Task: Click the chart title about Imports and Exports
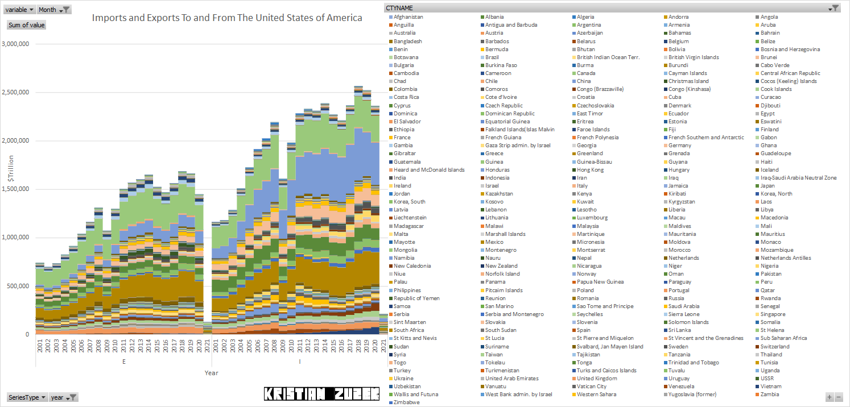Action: click(227, 18)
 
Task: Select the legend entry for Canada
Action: click(585, 73)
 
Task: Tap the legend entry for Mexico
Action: click(494, 242)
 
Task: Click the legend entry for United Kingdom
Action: click(596, 379)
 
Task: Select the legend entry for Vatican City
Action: click(592, 387)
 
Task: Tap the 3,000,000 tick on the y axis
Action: click(16, 44)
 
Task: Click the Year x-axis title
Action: click(212, 373)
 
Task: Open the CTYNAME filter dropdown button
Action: click(835, 8)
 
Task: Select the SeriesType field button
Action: click(27, 397)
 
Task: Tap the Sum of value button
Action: click(26, 25)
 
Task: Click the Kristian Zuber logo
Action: click(321, 393)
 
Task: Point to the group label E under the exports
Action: click(123, 362)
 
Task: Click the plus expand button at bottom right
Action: click(830, 397)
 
